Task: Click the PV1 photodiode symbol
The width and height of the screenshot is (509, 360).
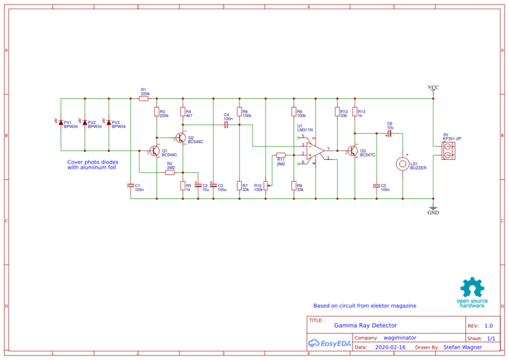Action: click(61, 122)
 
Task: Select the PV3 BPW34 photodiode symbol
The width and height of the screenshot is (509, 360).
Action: click(109, 122)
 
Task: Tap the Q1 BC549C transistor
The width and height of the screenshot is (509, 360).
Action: click(154, 152)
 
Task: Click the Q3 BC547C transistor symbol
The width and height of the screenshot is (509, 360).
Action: click(353, 152)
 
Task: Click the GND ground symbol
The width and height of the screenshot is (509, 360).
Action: click(433, 208)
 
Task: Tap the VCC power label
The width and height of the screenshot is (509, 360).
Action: click(433, 88)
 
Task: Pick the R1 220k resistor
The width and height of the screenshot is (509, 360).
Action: click(144, 99)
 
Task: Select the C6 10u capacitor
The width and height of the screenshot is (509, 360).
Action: click(390, 133)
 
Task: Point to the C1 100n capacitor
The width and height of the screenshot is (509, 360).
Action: click(131, 186)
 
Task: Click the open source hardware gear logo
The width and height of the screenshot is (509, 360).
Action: click(472, 288)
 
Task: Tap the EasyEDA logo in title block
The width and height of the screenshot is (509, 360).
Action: click(329, 343)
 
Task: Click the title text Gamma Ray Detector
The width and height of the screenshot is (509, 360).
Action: click(365, 326)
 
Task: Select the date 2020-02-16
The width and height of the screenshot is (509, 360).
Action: click(390, 347)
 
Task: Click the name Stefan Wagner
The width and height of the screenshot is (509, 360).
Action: click(463, 347)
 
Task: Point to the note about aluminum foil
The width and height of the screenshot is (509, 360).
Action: click(93, 164)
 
